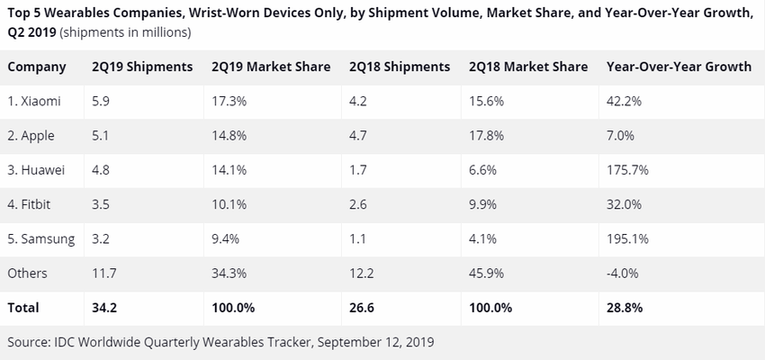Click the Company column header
pyautogui.click(x=37, y=67)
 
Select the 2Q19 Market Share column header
pyautogui.click(x=271, y=67)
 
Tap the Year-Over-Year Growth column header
pyautogui.click(x=679, y=67)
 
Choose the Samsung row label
pyautogui.click(x=41, y=238)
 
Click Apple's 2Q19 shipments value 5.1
pyautogui.click(x=101, y=135)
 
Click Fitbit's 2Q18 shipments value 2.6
pyautogui.click(x=357, y=204)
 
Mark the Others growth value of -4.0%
pyautogui.click(x=623, y=273)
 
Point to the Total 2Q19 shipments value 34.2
pyautogui.click(x=103, y=307)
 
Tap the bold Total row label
pyautogui.click(x=23, y=307)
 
